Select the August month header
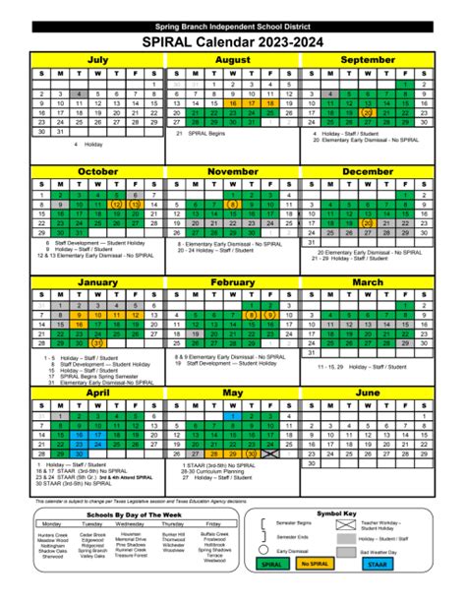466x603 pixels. (233, 61)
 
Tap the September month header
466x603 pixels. (368, 61)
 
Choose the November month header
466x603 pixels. (233, 170)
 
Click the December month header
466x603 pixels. (368, 170)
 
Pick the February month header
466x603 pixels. (233, 283)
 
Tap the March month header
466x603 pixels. (368, 283)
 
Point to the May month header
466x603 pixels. (233, 392)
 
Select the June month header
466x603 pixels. (368, 392)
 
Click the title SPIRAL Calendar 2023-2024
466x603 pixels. (233, 42)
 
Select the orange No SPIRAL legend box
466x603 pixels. (343, 590)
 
